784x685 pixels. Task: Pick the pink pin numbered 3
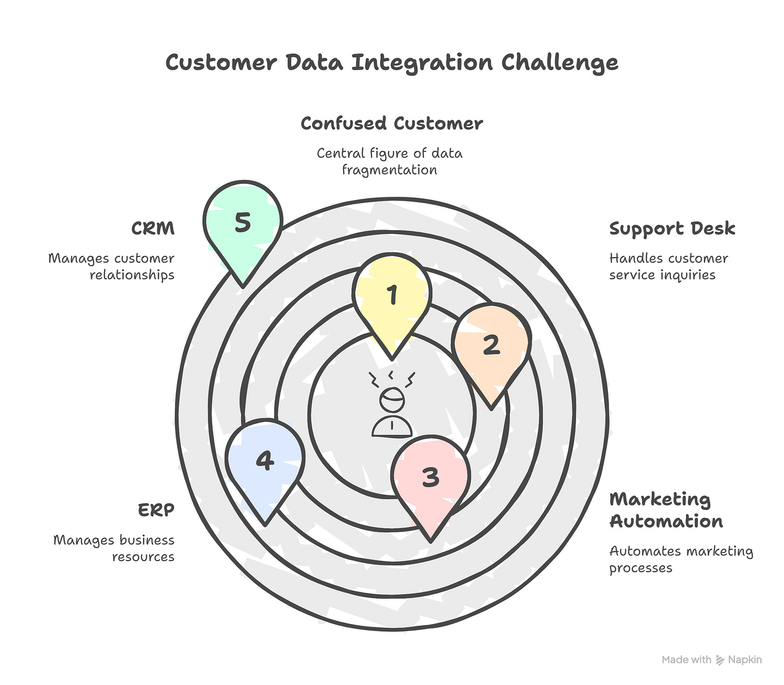tap(430, 478)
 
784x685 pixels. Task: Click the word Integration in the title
tap(422, 63)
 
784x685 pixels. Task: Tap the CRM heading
tap(153, 229)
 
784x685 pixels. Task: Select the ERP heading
tap(156, 510)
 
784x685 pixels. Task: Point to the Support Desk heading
tap(672, 229)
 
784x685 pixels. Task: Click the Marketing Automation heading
tap(666, 510)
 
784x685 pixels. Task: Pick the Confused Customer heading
tap(391, 123)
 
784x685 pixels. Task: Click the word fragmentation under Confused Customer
tap(389, 170)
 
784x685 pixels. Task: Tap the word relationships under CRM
tap(132, 275)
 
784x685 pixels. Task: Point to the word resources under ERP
tap(143, 557)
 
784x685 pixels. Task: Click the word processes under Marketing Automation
tap(641, 568)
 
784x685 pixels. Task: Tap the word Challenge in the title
tap(559, 63)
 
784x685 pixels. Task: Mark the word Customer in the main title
tap(221, 63)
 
